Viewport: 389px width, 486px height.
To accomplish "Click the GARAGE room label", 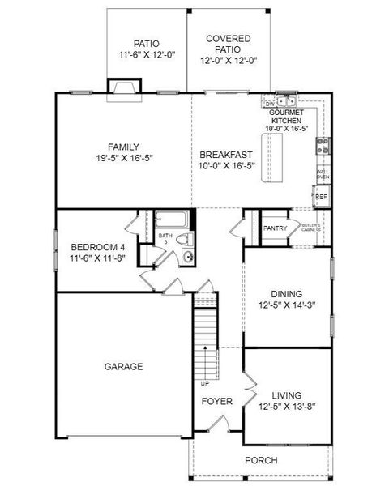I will (x=123, y=366).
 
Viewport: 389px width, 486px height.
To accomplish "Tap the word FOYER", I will (x=216, y=401).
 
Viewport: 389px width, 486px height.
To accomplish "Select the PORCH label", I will (x=261, y=460).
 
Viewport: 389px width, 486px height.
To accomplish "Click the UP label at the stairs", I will (x=204, y=383).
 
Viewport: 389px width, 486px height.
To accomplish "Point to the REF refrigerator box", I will (x=321, y=197).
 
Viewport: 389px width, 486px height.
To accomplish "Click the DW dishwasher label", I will (x=269, y=104).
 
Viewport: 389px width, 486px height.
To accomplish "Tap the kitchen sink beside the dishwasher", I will (x=285, y=102).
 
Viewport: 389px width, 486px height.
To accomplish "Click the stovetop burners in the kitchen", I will (x=322, y=145).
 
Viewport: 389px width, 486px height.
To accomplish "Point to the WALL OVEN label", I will (x=322, y=173).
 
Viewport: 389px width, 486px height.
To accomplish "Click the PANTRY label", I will (x=275, y=228).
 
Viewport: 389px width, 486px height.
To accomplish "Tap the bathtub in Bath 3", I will (x=172, y=220).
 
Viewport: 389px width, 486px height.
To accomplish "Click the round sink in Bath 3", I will (x=187, y=257).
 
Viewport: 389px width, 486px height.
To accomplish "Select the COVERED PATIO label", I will (x=228, y=49).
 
